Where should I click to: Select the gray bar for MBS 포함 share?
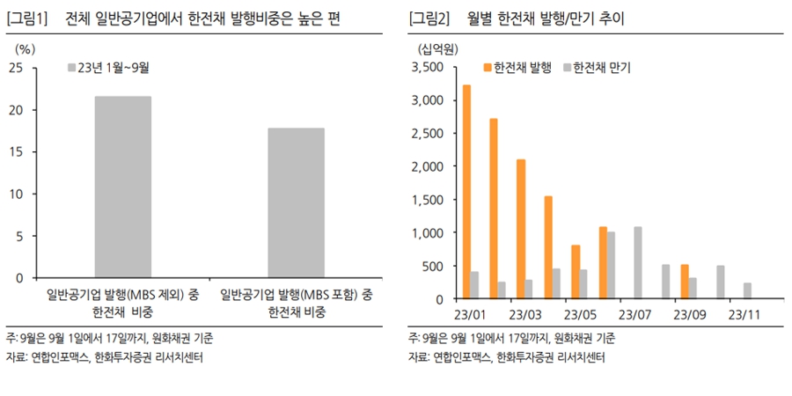(297, 202)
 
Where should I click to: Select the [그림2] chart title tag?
(429, 17)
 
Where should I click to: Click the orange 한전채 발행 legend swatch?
(488, 67)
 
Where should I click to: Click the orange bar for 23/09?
(685, 282)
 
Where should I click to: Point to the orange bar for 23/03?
(521, 229)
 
